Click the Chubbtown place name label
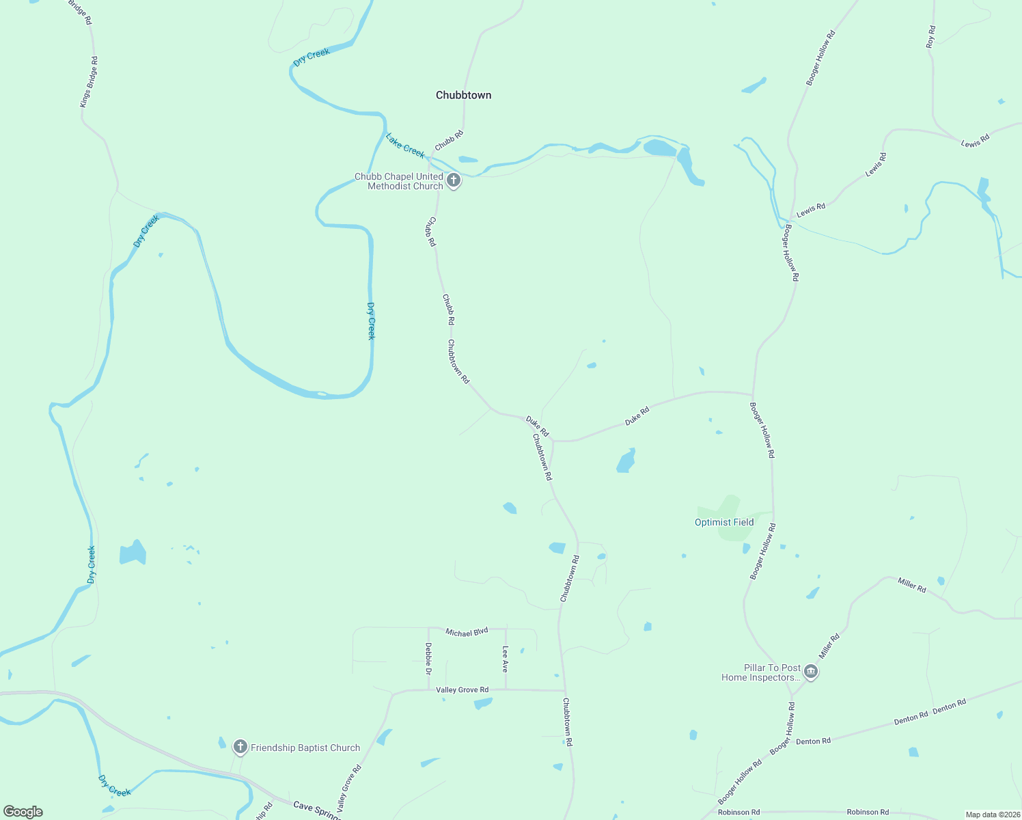point(463,95)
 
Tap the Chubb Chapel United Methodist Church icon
point(454,181)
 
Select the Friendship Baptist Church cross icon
point(240,747)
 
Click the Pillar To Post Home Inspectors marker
point(811,672)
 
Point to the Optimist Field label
point(724,522)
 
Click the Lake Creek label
point(405,145)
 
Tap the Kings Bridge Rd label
point(89,82)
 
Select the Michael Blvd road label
point(467,632)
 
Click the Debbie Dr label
point(428,659)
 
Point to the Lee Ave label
point(506,659)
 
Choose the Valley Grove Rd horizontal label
point(462,689)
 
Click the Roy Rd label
point(930,37)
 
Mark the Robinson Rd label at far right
point(868,812)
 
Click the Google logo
point(23,812)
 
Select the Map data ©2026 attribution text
point(993,815)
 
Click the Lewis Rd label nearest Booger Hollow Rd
point(811,210)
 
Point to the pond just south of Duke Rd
point(626,461)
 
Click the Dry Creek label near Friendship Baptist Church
point(114,786)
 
